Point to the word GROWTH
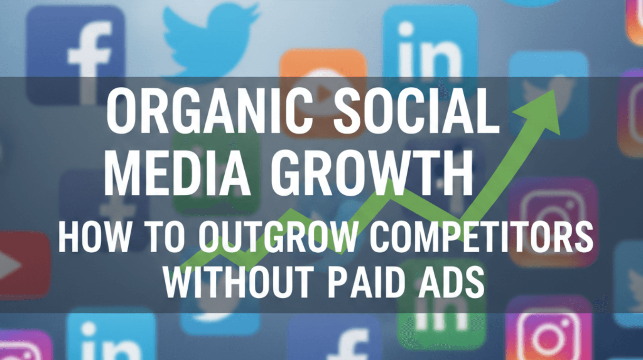(x=372, y=176)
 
